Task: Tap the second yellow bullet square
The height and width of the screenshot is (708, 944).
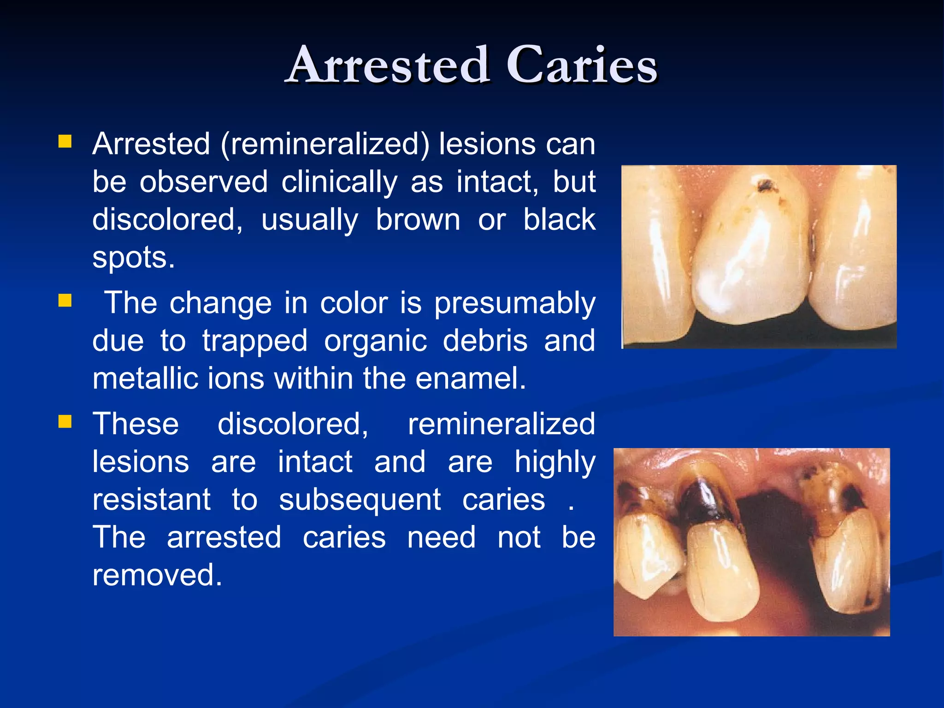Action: pos(65,301)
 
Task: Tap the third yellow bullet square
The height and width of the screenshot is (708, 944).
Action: pos(65,421)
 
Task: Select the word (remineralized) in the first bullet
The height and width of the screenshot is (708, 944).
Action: pos(325,144)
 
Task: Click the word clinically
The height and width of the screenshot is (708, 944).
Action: pos(339,182)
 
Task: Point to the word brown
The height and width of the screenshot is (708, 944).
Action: pos(418,220)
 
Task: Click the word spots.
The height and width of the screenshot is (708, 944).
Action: pos(133,258)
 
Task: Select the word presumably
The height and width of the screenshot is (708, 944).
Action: pos(515,304)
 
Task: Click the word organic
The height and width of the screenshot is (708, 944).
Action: pos(375,342)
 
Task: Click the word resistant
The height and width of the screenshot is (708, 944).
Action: pos(152,500)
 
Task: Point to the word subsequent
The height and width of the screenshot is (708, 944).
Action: pos(360,500)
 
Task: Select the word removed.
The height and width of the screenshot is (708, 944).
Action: pos(157,575)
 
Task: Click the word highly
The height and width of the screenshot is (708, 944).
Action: pos(555,462)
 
